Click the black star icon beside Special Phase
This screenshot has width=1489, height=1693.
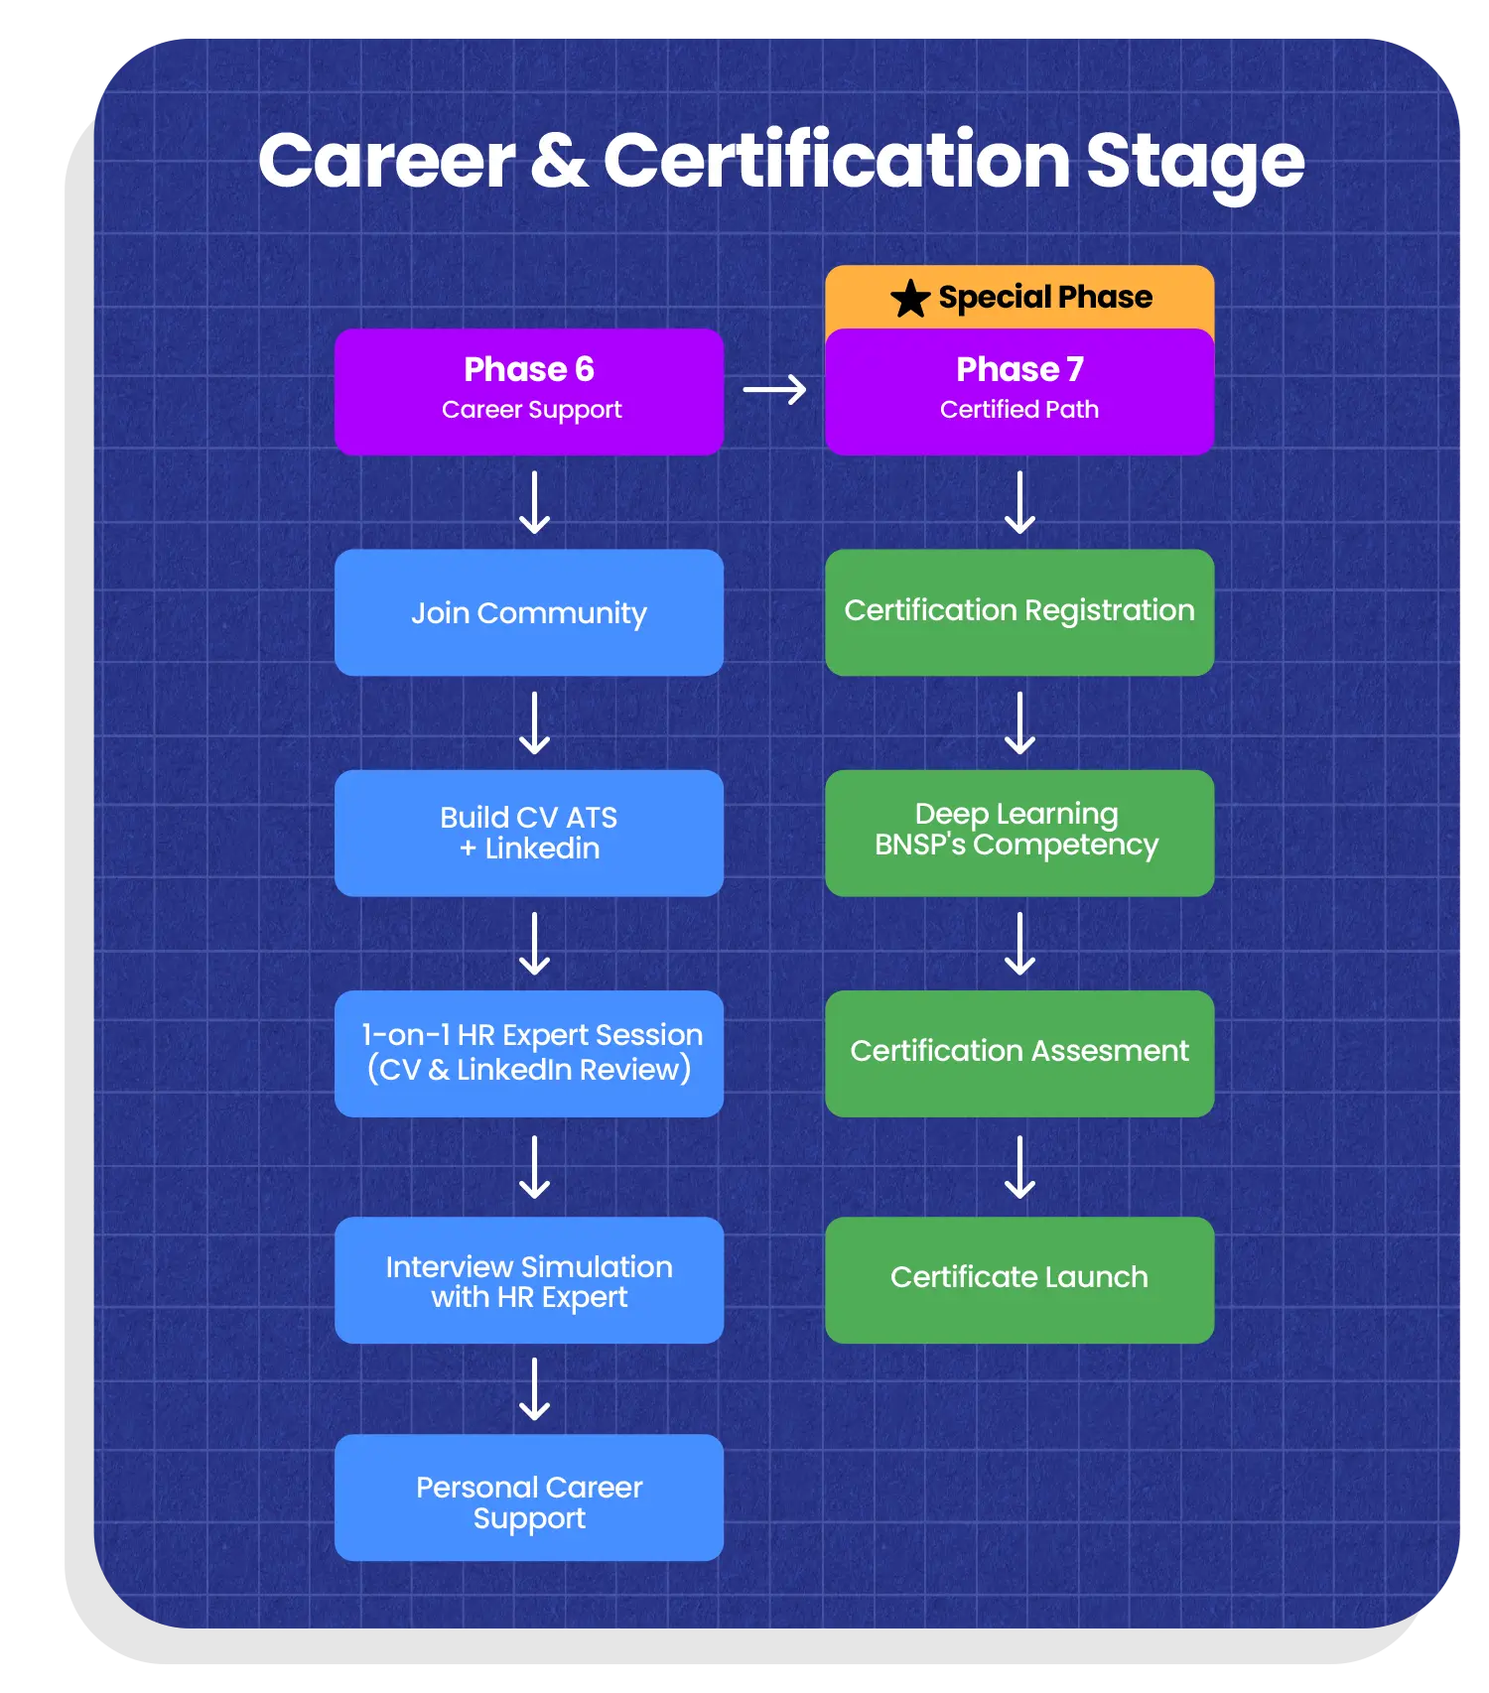[909, 298]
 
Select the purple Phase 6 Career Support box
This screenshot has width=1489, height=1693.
[528, 391]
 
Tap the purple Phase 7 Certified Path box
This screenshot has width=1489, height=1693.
[1018, 391]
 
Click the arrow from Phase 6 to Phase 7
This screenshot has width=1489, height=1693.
[774, 390]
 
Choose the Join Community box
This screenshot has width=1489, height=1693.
[528, 612]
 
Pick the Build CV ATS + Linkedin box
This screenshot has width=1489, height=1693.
[528, 833]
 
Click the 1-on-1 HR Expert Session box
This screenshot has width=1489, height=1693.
[528, 1053]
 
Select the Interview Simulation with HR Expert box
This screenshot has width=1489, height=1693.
[528, 1279]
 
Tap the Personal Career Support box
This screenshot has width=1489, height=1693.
[528, 1498]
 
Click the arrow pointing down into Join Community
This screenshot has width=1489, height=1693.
[535, 502]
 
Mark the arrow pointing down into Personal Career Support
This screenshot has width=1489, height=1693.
[535, 1388]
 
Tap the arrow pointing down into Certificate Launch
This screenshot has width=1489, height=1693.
[1019, 1167]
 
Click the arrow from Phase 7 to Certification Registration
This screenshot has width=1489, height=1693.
[1019, 502]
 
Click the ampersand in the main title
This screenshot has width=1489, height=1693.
[560, 161]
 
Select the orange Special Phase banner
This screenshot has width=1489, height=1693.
[1018, 297]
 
